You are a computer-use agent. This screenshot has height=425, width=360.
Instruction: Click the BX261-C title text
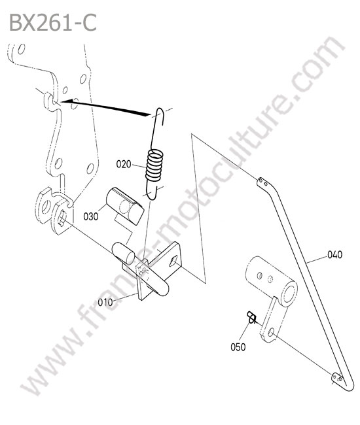click(53, 23)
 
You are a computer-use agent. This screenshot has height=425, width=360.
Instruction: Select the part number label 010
click(105, 302)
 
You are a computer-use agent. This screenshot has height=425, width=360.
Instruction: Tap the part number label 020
click(124, 164)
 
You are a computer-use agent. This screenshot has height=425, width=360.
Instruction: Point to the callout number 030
click(90, 216)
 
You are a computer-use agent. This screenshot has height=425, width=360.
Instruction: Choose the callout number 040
click(334, 254)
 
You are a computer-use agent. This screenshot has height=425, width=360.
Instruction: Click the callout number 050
click(238, 347)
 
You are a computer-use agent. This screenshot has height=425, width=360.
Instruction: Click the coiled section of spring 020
click(154, 165)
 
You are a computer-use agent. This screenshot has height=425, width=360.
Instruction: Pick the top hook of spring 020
click(160, 115)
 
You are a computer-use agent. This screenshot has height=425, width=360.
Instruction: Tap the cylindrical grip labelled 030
click(125, 206)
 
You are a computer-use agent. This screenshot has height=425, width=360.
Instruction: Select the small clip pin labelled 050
click(251, 317)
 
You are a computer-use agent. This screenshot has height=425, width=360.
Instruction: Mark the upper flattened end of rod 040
click(262, 182)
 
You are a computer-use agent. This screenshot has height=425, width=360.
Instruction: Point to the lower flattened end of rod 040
click(338, 378)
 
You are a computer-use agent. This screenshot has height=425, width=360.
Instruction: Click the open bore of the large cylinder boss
click(289, 294)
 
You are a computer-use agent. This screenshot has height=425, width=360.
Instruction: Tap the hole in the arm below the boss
click(270, 332)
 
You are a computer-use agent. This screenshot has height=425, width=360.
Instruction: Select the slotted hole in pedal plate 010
click(173, 261)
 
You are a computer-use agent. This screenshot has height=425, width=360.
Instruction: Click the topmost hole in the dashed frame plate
click(21, 49)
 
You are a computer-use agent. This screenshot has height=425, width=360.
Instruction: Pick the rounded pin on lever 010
click(124, 254)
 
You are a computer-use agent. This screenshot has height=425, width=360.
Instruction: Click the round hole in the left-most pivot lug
click(46, 207)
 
